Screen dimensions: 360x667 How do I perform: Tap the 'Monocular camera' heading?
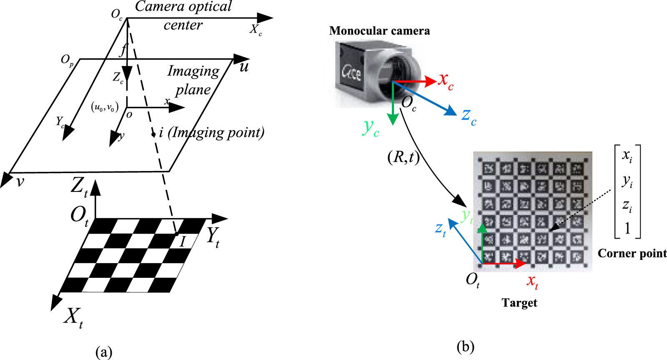(379, 31)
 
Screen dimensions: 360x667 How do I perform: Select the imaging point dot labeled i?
(153, 134)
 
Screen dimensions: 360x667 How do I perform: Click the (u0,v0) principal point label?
(105, 107)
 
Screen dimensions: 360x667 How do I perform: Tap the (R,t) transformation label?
(403, 157)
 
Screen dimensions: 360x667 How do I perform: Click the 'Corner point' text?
(632, 253)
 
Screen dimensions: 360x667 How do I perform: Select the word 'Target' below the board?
(519, 302)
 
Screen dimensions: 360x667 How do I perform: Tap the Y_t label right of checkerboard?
(213, 237)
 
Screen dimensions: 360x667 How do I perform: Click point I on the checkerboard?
(177, 234)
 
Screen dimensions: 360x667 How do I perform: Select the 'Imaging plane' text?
(193, 80)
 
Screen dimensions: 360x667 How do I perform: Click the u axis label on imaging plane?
(244, 67)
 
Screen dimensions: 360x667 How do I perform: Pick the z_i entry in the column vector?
(627, 205)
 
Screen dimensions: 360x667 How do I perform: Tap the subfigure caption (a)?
(104, 352)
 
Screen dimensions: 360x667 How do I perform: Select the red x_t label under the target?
(532, 282)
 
